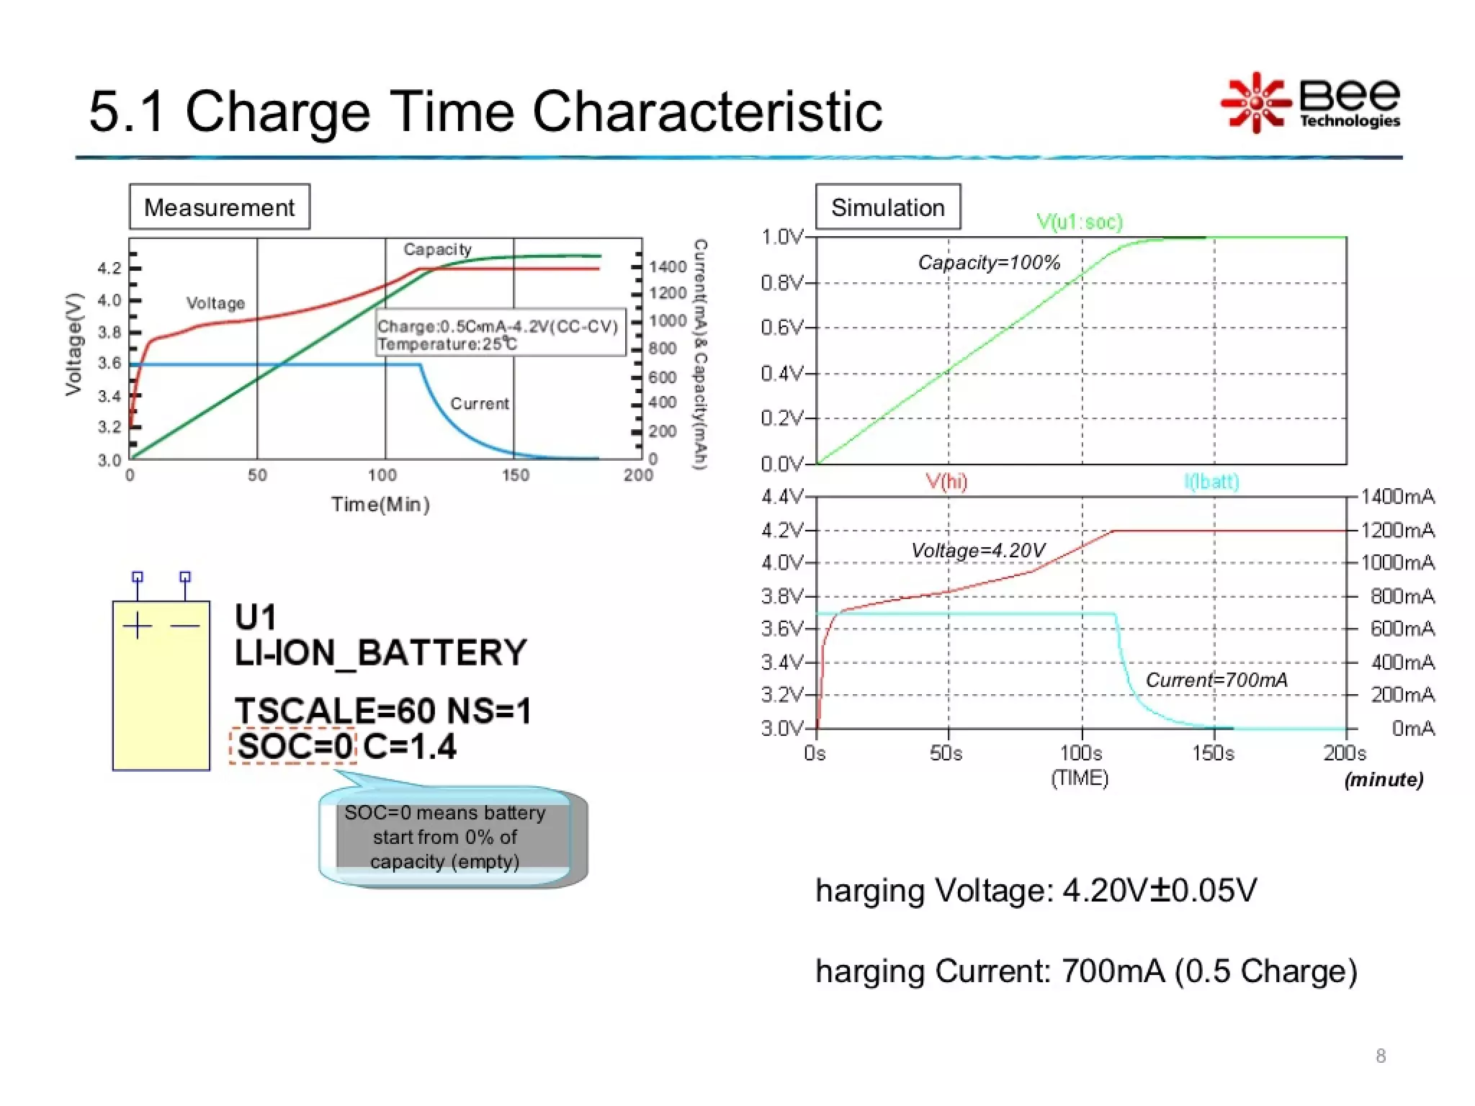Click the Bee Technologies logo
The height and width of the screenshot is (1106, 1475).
[x=1311, y=103]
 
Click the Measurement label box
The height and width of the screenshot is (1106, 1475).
[x=219, y=207]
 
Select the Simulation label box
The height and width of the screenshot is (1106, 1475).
[x=887, y=207]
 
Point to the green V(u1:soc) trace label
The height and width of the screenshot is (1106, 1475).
[x=1079, y=222]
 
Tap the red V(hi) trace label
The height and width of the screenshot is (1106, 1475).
[x=946, y=481]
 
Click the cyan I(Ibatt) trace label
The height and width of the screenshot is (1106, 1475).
[x=1211, y=481]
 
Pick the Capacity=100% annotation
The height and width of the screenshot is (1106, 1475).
[x=988, y=263]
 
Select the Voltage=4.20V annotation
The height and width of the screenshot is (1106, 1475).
[x=977, y=551]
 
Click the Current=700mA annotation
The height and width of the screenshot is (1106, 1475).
[x=1216, y=680]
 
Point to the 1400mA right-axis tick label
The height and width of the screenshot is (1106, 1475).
[x=1397, y=497]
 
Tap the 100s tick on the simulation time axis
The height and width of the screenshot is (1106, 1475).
[x=1081, y=753]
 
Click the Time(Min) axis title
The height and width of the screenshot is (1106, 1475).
[x=380, y=504]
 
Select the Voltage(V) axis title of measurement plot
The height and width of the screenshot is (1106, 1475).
[x=73, y=344]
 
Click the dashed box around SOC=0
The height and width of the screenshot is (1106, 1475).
[x=293, y=746]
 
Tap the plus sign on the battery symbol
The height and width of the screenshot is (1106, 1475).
[x=138, y=626]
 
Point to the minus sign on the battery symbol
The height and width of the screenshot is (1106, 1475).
[x=185, y=626]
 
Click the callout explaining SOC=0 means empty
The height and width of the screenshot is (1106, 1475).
[x=445, y=837]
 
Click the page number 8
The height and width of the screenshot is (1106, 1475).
[x=1380, y=1056]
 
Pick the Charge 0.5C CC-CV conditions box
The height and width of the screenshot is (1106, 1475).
[x=500, y=334]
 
